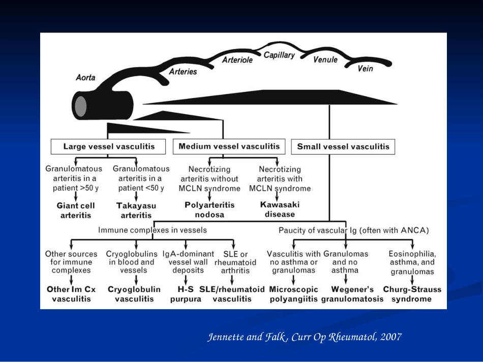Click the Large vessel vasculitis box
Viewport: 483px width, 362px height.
(x=108, y=146)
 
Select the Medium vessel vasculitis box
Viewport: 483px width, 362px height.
(x=229, y=146)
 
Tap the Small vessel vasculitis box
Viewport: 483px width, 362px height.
(x=343, y=146)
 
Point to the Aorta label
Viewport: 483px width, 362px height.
(x=85, y=77)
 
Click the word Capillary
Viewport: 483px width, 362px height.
(x=279, y=55)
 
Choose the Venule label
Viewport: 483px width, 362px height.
(x=325, y=59)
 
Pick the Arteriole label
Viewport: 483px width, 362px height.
(x=237, y=60)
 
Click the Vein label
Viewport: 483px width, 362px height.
(x=366, y=68)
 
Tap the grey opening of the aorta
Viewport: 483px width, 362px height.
(x=81, y=107)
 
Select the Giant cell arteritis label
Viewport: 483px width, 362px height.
(x=76, y=210)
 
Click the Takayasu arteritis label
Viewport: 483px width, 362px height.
(x=136, y=210)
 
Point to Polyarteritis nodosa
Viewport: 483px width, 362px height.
(x=209, y=210)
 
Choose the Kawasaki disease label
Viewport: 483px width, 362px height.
(x=280, y=210)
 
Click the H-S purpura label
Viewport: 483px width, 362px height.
(x=186, y=294)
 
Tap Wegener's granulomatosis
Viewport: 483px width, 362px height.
(x=352, y=294)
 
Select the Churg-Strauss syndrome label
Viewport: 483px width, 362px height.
(x=412, y=294)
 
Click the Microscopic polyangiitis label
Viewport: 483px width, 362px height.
(x=293, y=294)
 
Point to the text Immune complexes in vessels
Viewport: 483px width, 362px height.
(x=153, y=230)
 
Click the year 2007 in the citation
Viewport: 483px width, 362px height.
(x=391, y=337)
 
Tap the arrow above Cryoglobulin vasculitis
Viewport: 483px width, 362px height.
(x=136, y=280)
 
